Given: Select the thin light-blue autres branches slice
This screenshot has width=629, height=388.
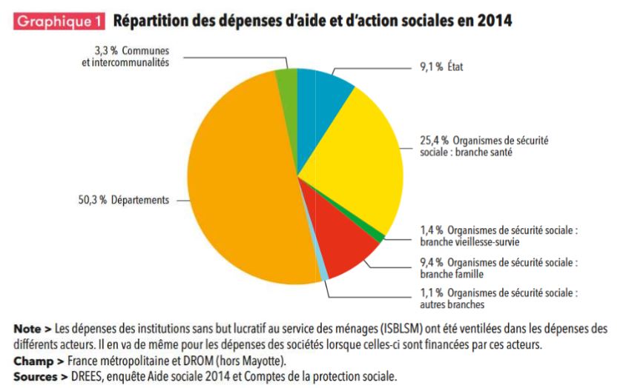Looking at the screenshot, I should pyautogui.click(x=324, y=276).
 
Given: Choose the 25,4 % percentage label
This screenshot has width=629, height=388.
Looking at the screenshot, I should pyautogui.click(x=434, y=140).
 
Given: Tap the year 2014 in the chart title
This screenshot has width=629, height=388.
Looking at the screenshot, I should pyautogui.click(x=494, y=21).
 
